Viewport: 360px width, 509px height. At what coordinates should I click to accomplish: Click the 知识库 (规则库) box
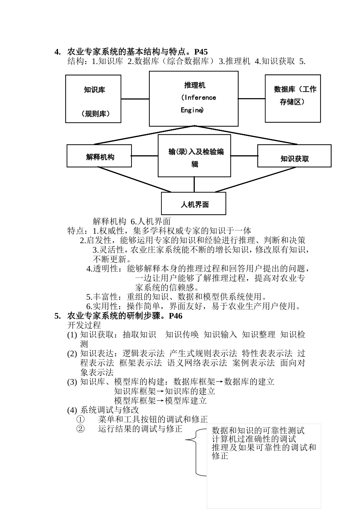[93, 99]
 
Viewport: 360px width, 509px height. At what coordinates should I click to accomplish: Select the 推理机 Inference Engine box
[194, 98]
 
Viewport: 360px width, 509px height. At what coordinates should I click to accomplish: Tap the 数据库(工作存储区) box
[293, 98]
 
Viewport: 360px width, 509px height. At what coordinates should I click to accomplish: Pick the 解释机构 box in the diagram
[99, 156]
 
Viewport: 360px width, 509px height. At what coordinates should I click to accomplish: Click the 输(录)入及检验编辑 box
[194, 156]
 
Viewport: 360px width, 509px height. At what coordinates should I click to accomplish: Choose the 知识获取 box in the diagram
[294, 156]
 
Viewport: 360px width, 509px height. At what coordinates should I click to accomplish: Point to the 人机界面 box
[194, 203]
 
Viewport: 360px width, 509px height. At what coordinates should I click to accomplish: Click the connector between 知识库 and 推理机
[135, 99]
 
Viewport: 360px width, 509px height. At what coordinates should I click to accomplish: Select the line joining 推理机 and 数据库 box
[252, 98]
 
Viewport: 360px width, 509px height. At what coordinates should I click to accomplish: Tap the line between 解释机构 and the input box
[145, 156]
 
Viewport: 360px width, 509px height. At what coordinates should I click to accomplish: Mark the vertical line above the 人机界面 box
[194, 184]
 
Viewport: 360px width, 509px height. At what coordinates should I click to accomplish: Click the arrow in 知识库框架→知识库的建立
[160, 391]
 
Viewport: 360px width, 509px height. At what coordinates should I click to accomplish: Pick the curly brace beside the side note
[196, 451]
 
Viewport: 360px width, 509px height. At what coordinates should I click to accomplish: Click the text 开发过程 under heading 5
[84, 325]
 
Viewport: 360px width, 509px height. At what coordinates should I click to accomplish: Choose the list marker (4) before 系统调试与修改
[72, 410]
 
